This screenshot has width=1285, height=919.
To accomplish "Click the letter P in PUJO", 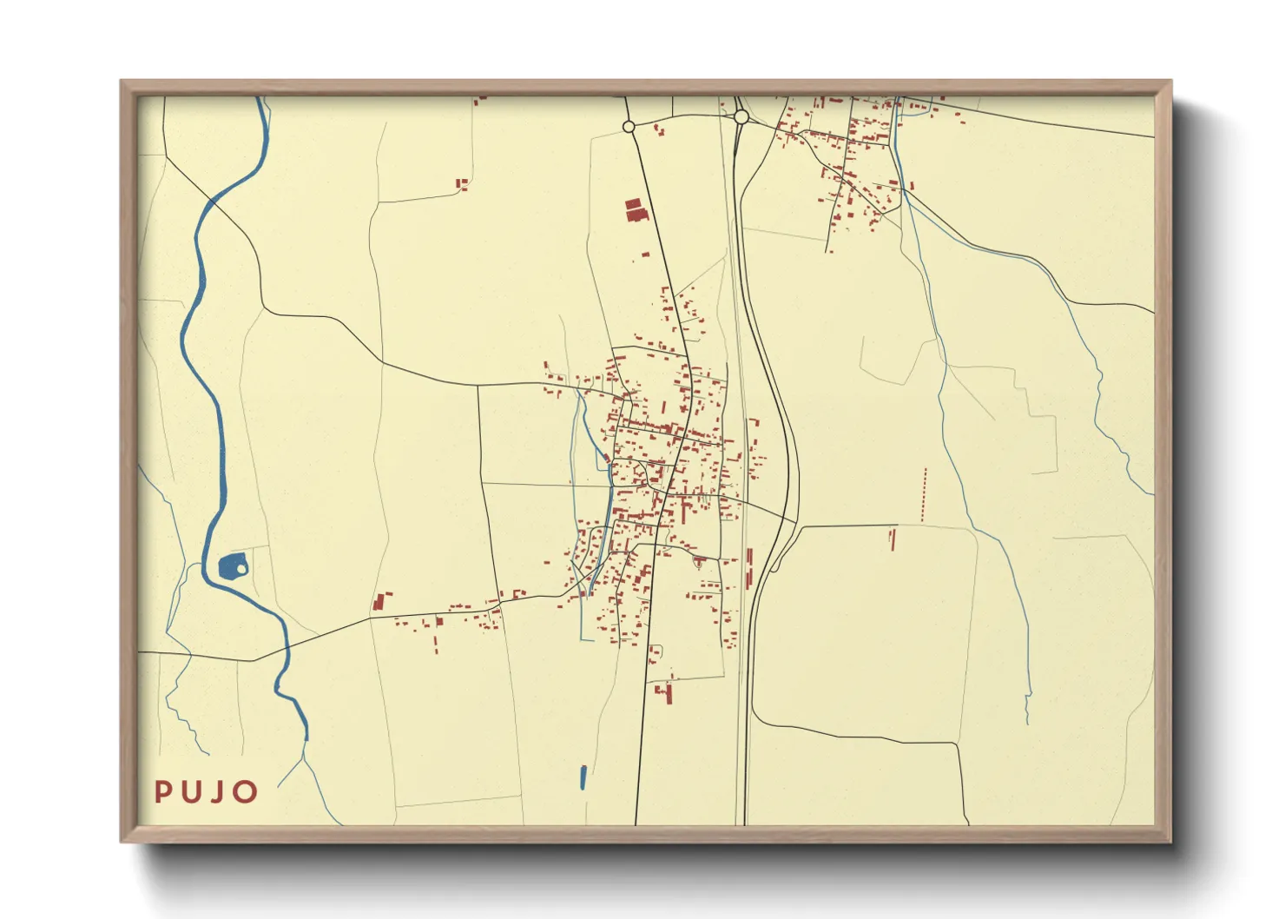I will coord(161,791).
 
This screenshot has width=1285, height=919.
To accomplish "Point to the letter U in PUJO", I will coord(190,791).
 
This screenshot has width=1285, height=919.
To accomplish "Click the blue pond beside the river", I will coord(230,567).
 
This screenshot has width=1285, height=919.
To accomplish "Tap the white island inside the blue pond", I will coord(241,569).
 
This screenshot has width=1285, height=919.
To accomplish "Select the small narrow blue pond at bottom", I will coord(583,777).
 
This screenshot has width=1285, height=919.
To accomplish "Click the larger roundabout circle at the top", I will coord(741,116).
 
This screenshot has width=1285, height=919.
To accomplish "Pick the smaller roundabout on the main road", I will coord(629,127).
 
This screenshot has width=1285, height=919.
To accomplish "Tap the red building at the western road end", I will coord(379,602).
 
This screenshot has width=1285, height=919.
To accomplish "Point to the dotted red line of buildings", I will coord(924,495).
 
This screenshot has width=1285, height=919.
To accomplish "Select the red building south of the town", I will coord(668,692).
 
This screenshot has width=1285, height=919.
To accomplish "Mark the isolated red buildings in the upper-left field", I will coord(462,183).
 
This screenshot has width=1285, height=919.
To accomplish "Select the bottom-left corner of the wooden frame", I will coord(122,841).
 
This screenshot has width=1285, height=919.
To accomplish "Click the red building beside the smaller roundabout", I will coord(659,131).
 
